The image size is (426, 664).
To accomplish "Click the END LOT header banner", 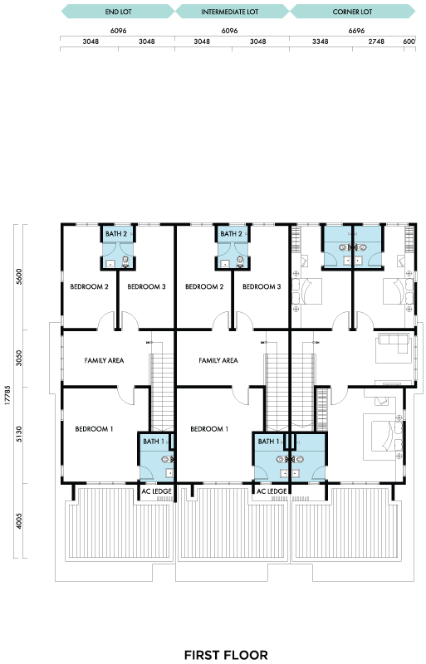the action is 118,12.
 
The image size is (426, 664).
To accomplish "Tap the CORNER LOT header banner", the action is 352,12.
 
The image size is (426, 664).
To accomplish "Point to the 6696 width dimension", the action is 356,31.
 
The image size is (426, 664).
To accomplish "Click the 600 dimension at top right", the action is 409,41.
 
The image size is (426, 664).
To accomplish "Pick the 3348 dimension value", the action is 321,41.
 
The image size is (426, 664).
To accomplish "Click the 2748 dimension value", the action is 376,41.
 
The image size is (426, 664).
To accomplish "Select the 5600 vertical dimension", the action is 19,276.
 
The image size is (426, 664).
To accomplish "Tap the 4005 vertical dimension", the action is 19,521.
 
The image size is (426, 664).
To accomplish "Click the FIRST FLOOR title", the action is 226,655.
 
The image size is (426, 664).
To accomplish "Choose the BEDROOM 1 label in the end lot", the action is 94,429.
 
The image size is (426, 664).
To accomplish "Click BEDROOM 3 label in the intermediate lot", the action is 262,286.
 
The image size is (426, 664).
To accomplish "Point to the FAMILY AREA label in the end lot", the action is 104,360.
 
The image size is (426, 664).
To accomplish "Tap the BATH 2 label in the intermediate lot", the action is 232,234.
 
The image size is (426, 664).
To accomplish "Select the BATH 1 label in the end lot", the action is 154,442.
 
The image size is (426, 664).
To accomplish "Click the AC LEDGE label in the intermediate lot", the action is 272,491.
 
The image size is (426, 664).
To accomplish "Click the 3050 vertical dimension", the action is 19,359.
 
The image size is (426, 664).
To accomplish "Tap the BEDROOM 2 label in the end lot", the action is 89,286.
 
